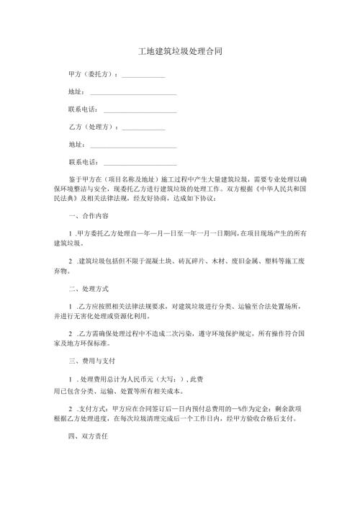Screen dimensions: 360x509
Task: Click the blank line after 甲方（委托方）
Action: (x=143, y=76)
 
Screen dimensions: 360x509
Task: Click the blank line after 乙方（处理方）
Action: (x=143, y=129)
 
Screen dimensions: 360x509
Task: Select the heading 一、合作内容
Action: (x=87, y=215)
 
